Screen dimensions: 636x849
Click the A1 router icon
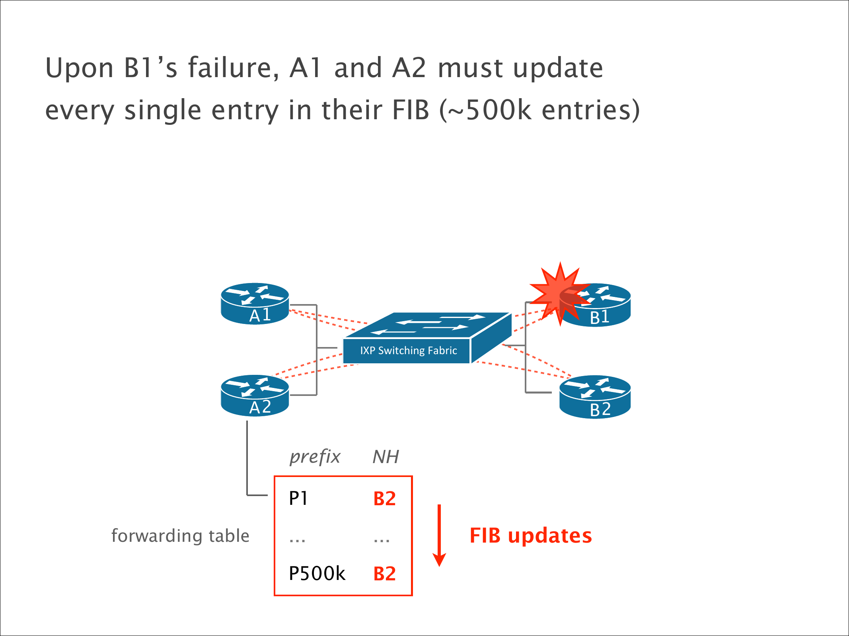click(x=255, y=303)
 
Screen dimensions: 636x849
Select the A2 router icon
click(x=255, y=396)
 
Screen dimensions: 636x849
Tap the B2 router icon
click(x=595, y=397)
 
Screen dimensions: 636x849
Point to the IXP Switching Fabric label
click(x=408, y=351)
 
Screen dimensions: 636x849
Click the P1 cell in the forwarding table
click(x=298, y=498)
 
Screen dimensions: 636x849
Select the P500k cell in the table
click(x=317, y=573)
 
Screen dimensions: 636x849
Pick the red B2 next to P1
click(x=384, y=499)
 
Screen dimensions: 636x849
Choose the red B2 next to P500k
click(x=384, y=574)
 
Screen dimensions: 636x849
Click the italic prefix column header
click(x=315, y=457)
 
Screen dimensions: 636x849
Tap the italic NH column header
click(x=385, y=457)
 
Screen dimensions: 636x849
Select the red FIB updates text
click(x=531, y=535)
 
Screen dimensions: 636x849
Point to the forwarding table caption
click(x=180, y=536)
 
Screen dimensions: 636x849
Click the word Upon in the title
click(x=80, y=68)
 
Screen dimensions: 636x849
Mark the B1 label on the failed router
click(x=600, y=317)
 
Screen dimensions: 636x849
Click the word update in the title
click(x=558, y=68)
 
